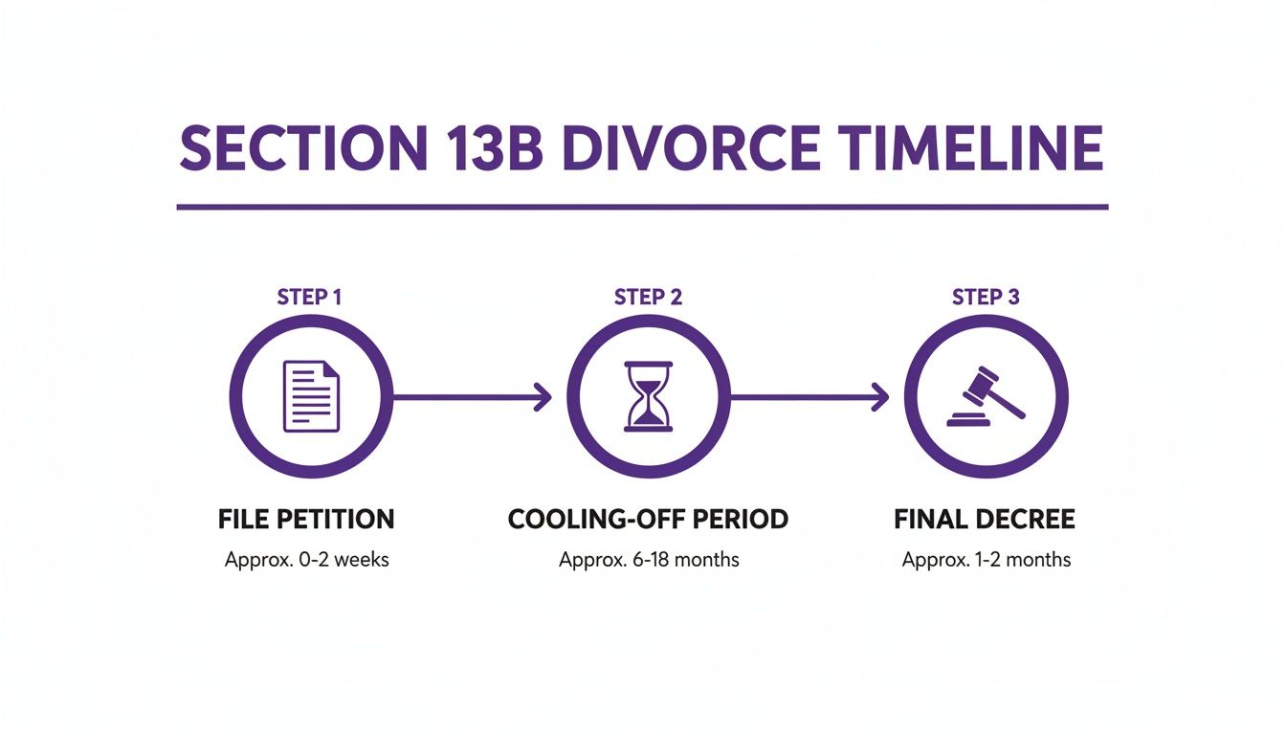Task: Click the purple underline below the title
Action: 642,207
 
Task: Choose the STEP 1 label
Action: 309,297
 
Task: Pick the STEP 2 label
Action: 648,297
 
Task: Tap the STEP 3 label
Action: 986,297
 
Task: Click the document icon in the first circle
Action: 311,395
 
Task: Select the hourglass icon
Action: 649,396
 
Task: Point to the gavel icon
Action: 986,396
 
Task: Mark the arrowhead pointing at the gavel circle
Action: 880,396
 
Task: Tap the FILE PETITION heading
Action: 306,520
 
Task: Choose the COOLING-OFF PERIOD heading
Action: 648,520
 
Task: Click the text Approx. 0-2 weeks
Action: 306,560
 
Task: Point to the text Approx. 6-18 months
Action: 649,560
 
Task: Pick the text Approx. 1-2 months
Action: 986,560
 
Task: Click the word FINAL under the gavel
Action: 927,520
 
